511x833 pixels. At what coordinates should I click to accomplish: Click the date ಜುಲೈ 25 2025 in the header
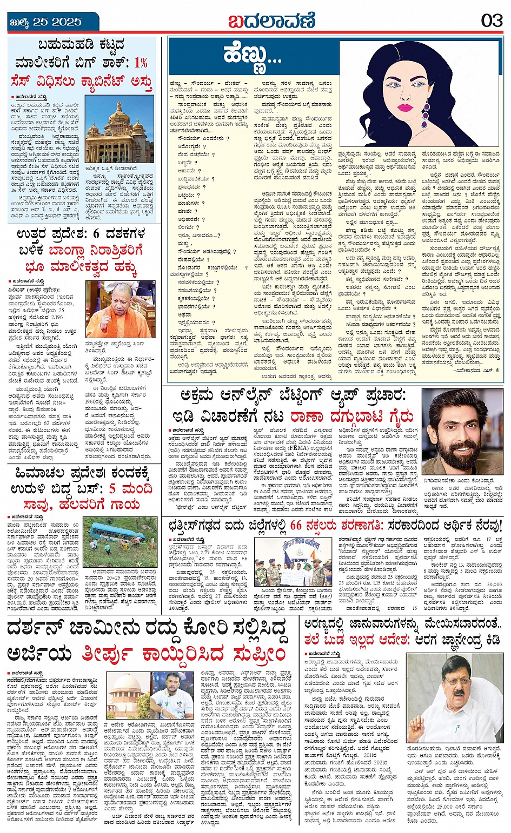[x=46, y=22]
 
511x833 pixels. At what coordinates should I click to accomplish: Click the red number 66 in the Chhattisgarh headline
[x=296, y=524]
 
